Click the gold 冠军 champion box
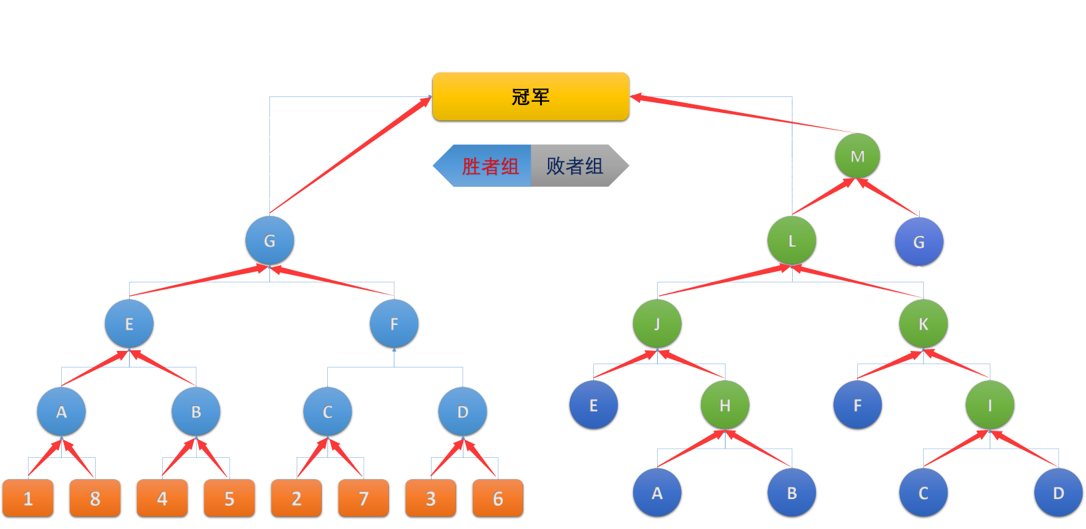[530, 97]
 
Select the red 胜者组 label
[490, 165]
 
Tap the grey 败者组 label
[575, 165]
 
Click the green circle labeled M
[857, 156]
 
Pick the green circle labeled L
[791, 241]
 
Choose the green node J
[657, 324]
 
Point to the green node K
[923, 324]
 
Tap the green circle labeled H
[725, 405]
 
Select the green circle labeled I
[990, 405]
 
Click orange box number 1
[28, 498]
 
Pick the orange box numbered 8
[95, 498]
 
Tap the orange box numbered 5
[229, 498]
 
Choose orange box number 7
[364, 498]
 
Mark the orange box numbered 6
[498, 498]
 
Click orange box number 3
[431, 498]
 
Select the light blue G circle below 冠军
[269, 241]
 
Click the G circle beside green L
[919, 242]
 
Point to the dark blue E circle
[593, 405]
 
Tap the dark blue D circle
[1058, 493]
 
